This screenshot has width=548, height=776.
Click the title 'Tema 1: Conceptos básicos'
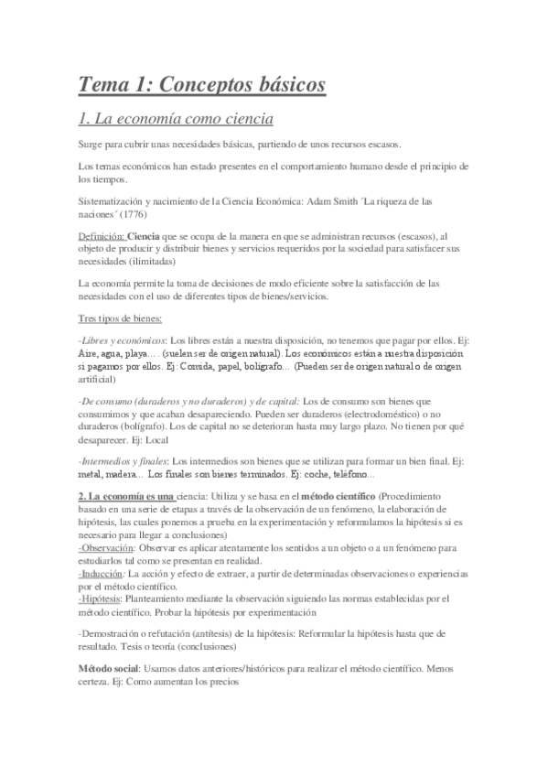(x=202, y=84)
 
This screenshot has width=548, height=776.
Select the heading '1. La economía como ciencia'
(x=176, y=119)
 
